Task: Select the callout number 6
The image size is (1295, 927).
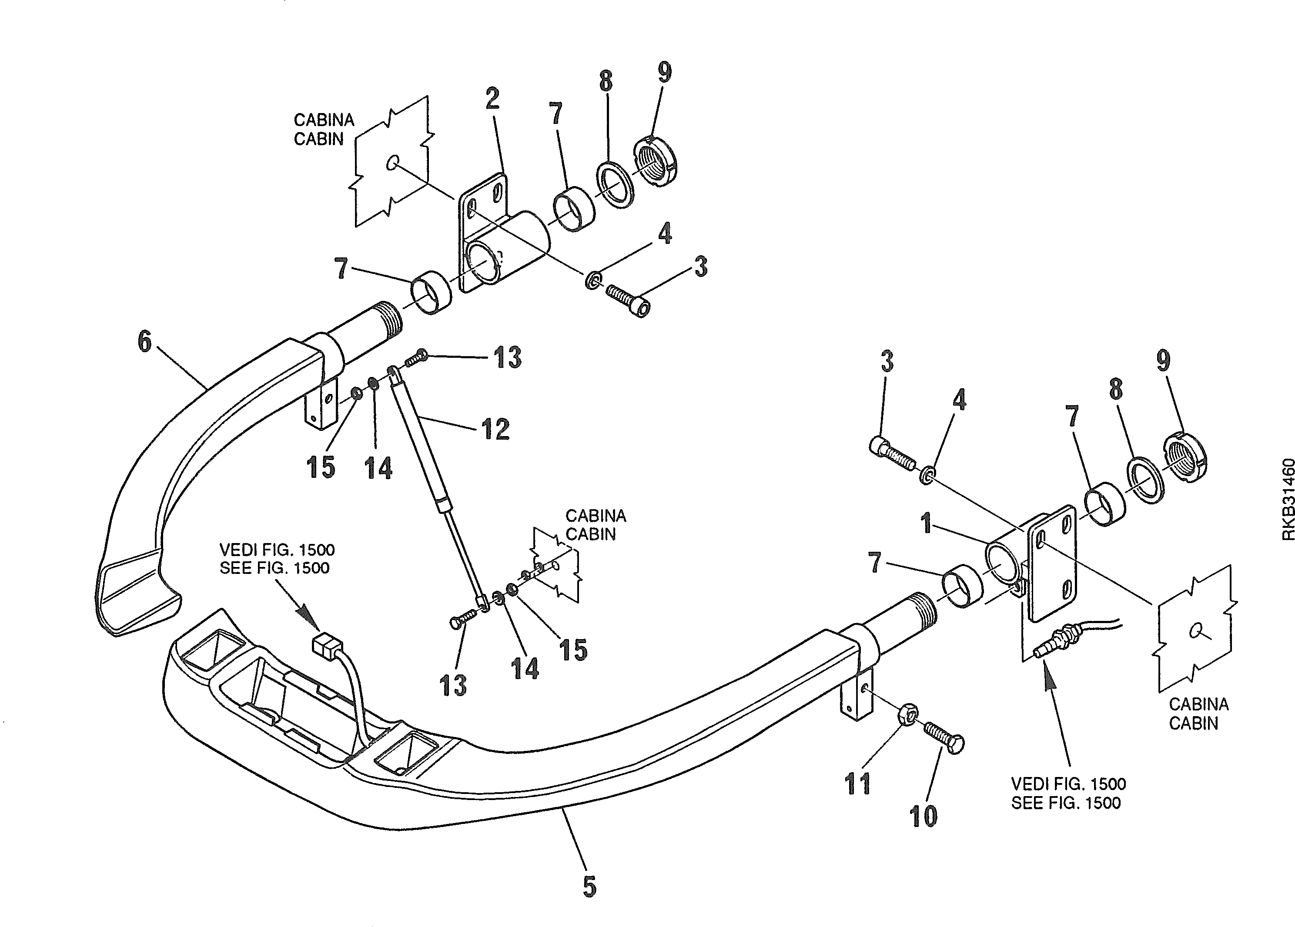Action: click(145, 341)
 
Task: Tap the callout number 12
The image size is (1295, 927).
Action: click(495, 429)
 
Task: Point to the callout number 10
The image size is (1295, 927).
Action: click(923, 816)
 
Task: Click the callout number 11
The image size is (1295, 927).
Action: click(858, 784)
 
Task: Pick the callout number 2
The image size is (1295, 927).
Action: click(492, 98)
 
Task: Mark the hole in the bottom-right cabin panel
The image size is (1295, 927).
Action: click(1194, 630)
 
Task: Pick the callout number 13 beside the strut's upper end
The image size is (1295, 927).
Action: click(507, 357)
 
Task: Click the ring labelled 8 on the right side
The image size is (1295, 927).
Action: click(1146, 480)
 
